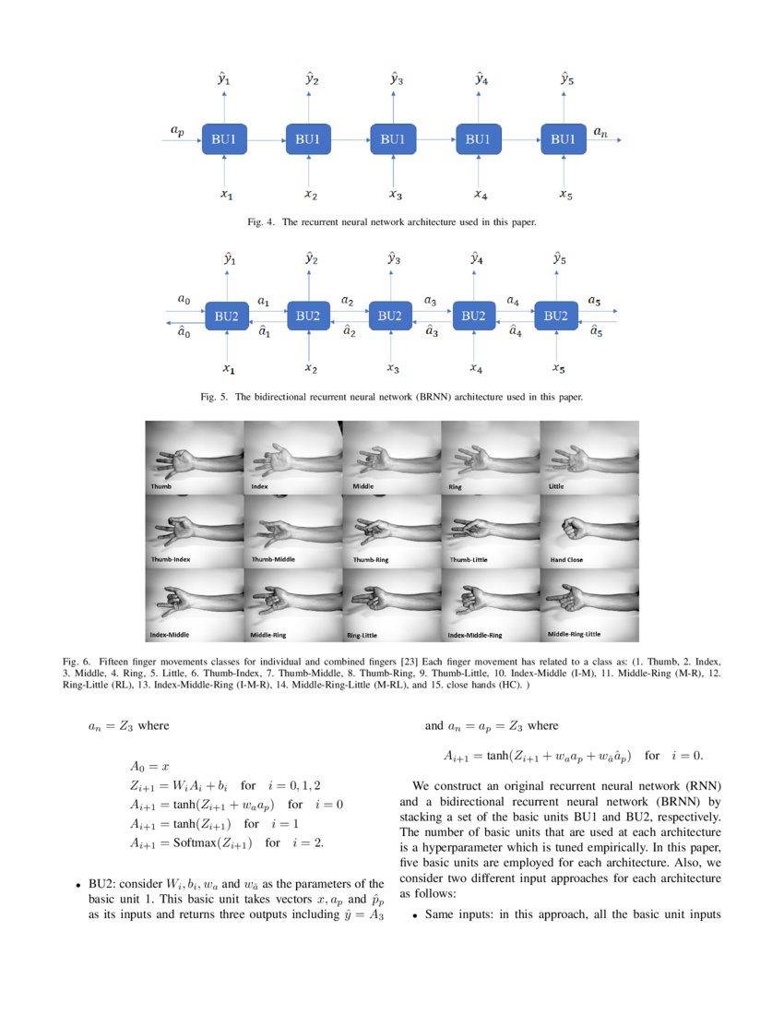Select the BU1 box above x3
[x=393, y=139]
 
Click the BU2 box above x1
[x=227, y=316]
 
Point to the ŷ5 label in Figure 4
[x=567, y=80]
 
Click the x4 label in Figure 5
[x=476, y=369]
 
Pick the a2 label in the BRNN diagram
[x=347, y=301]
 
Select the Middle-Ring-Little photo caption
[x=574, y=634]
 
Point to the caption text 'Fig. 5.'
[x=214, y=398]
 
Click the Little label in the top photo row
[x=556, y=485]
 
